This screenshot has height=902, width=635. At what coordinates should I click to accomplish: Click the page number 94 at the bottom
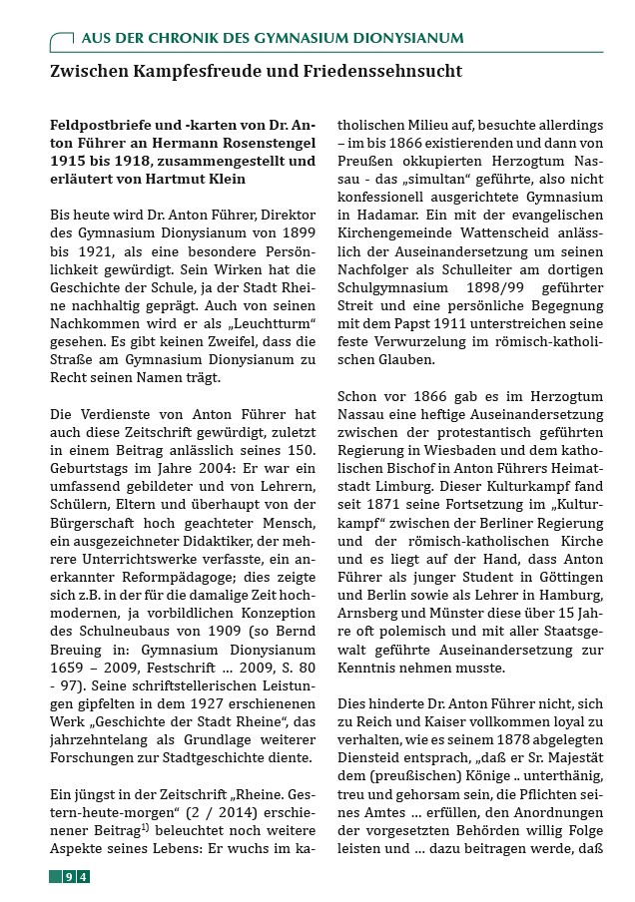click(76, 876)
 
